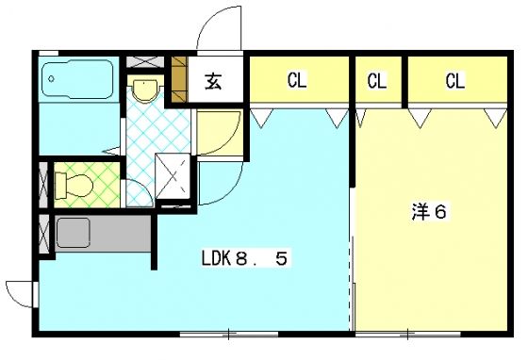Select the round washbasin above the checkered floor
pos(144,90)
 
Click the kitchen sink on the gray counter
pos(72,232)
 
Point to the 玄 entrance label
pos(213,82)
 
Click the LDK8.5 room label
pos(243,257)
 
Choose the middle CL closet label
pos(377,81)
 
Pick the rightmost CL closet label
pos(454,81)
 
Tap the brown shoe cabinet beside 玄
pos(179,80)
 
